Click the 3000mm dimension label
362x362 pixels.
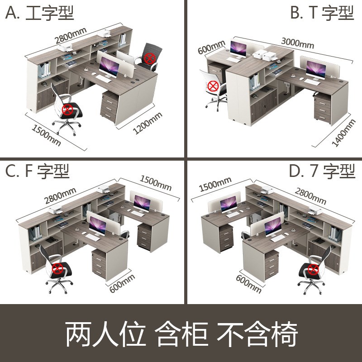pos(297,43)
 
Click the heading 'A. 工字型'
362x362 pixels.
pos(39,13)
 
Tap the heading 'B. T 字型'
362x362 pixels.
pos(322,13)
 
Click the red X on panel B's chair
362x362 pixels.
pos(213,86)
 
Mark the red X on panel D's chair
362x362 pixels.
pos(313,270)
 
